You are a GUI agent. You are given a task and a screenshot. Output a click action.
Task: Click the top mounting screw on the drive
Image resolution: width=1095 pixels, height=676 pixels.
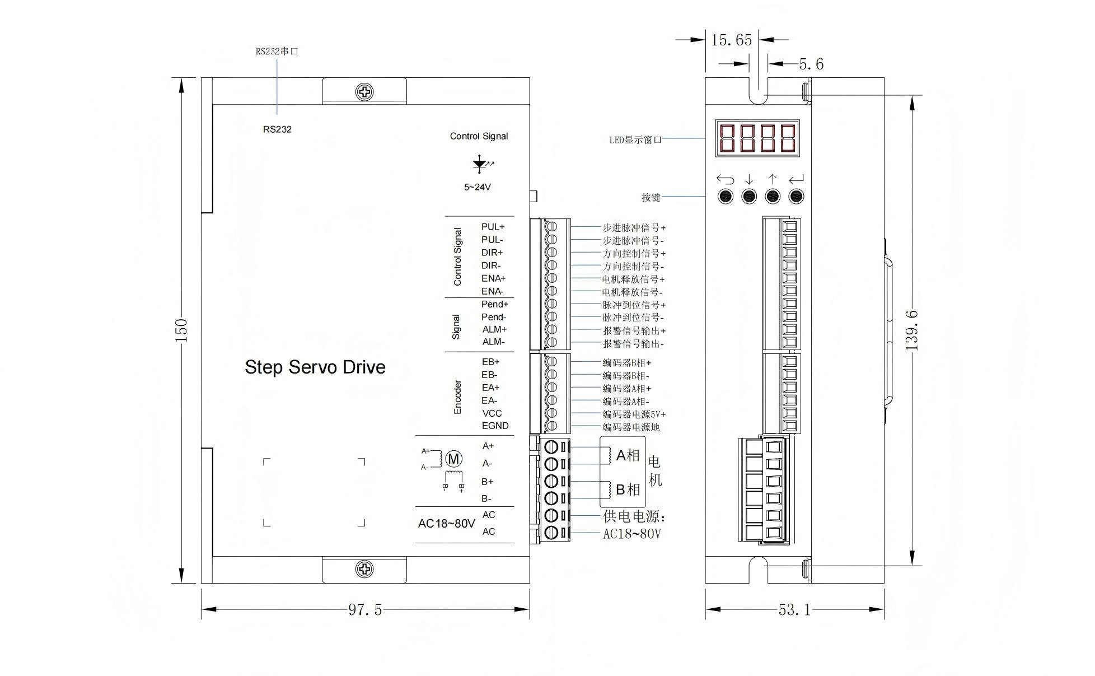(x=364, y=92)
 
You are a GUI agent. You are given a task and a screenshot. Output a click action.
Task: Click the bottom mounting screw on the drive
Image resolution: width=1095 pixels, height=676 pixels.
(x=364, y=570)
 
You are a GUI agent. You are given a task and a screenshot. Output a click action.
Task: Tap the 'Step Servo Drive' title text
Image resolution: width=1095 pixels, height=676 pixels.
(x=315, y=367)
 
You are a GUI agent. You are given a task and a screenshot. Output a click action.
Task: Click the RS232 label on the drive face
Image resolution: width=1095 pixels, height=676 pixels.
(x=278, y=129)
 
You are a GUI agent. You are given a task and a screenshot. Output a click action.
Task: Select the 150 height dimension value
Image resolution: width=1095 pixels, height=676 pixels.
(x=181, y=330)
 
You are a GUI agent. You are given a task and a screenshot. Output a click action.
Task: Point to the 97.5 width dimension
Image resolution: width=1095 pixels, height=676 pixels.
(x=365, y=609)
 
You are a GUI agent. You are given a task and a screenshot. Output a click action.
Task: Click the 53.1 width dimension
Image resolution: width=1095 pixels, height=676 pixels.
(x=794, y=609)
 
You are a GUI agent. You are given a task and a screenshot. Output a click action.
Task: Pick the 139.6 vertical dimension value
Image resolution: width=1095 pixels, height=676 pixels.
(x=912, y=330)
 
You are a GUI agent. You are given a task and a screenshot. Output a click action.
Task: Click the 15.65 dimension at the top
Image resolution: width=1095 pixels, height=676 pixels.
(x=731, y=40)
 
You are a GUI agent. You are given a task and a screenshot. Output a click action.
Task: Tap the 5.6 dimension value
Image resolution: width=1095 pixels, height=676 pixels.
(x=811, y=64)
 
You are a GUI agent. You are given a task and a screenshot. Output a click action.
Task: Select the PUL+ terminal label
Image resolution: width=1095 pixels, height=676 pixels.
(x=493, y=227)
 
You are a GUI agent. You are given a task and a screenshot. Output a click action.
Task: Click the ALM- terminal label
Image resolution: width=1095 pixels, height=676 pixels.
(x=493, y=342)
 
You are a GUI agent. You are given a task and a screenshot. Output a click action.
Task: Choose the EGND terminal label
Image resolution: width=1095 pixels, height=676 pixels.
(x=495, y=426)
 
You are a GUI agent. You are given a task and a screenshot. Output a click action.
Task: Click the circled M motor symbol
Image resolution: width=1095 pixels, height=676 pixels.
(x=453, y=459)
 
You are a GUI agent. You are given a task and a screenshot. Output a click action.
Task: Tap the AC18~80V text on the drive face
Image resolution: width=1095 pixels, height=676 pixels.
(x=446, y=524)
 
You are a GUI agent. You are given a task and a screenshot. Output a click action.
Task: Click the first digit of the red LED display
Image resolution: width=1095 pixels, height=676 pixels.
(x=727, y=138)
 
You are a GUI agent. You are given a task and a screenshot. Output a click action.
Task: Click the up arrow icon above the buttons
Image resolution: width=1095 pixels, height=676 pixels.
(x=773, y=179)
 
